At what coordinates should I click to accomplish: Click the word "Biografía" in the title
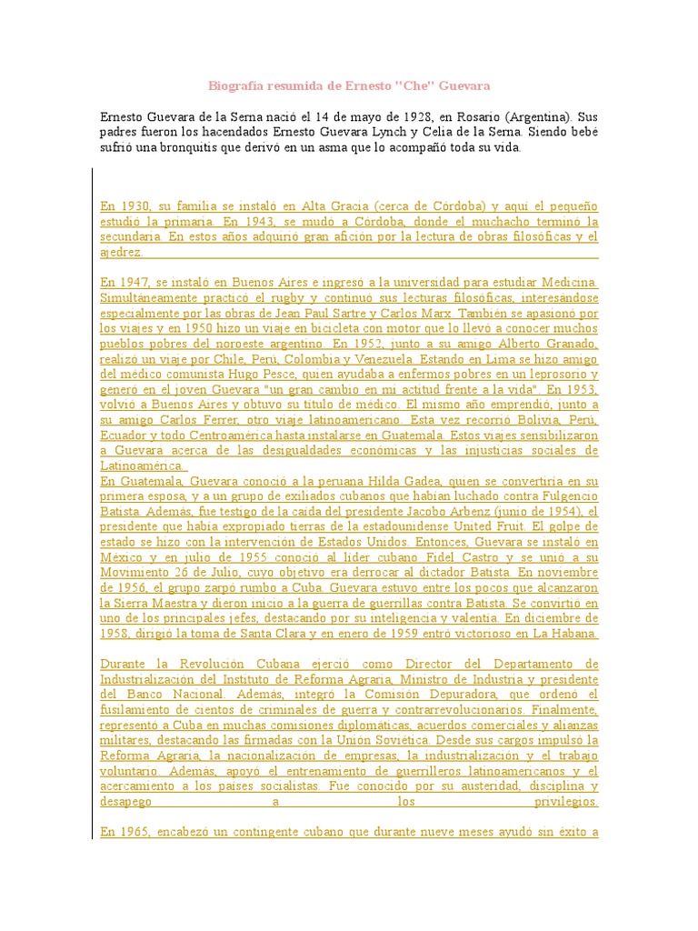pos(234,85)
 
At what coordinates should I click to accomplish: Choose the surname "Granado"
pos(568,344)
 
